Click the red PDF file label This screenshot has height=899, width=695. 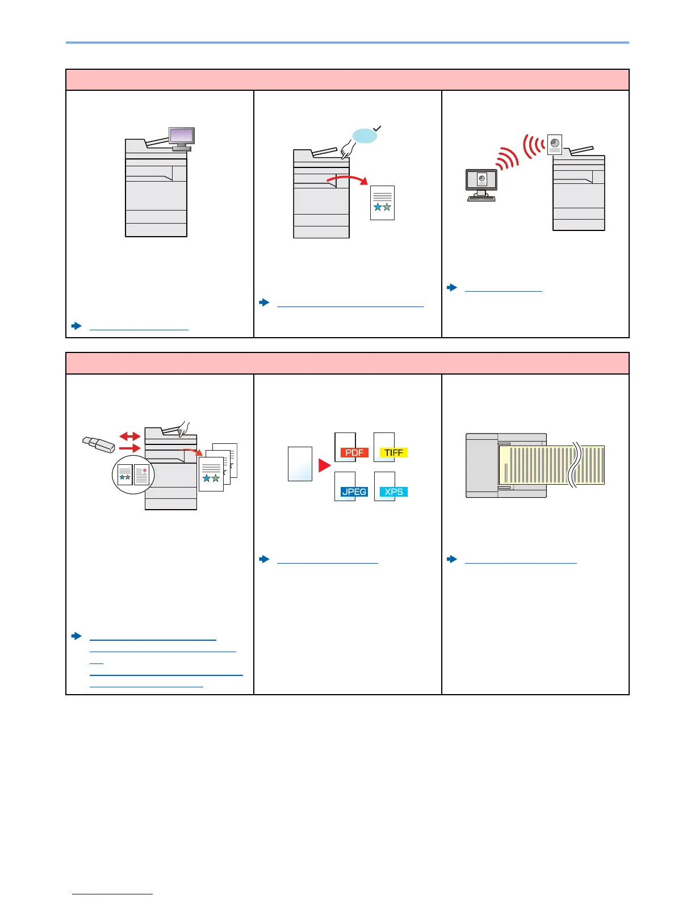point(354,452)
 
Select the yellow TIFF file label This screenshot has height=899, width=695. point(393,452)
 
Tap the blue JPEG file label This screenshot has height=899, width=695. point(354,491)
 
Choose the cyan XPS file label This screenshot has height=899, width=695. point(393,491)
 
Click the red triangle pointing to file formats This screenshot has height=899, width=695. point(324,465)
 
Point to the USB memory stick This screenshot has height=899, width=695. point(98,444)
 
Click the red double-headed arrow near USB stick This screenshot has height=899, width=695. point(130,436)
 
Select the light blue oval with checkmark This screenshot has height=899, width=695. point(365,136)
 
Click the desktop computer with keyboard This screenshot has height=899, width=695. point(482,184)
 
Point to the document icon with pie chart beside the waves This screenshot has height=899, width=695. point(555,145)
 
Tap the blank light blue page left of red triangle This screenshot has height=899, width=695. point(300,464)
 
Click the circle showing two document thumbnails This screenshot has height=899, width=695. point(133,474)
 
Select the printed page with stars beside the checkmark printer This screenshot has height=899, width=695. point(382,203)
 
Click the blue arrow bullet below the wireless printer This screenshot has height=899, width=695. point(452,288)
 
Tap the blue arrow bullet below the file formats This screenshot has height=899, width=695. point(264,559)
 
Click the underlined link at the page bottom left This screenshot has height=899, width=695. point(112,894)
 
